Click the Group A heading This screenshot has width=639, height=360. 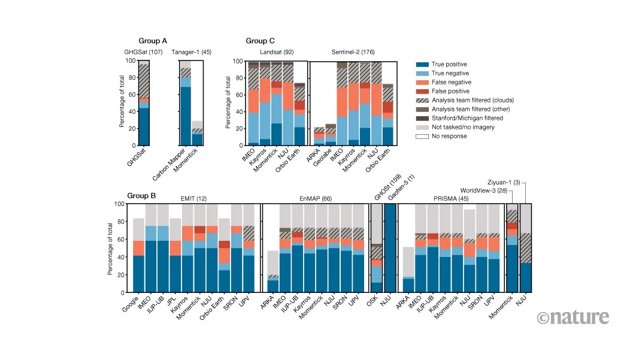coord(153,41)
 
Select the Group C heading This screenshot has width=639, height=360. coord(260,41)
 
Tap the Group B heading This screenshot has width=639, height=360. coord(141,196)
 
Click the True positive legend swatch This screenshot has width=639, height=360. coord(422,65)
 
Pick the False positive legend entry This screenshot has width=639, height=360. coord(442,91)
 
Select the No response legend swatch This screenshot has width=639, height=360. coord(422,136)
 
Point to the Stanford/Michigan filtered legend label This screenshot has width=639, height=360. coord(468,118)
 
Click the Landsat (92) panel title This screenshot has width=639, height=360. coord(277,52)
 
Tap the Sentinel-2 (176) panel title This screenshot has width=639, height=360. coord(353,52)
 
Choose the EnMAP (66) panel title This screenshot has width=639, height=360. coord(316,198)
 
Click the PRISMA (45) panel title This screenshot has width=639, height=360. coord(451,198)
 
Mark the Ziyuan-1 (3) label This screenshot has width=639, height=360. coord(504,182)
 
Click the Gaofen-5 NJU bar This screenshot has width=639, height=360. coord(390,249)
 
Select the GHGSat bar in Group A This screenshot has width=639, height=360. coord(144,103)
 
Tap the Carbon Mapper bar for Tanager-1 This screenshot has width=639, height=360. coord(186,103)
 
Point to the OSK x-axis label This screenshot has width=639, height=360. coord(372,301)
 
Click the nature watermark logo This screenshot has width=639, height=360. coord(573,317)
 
